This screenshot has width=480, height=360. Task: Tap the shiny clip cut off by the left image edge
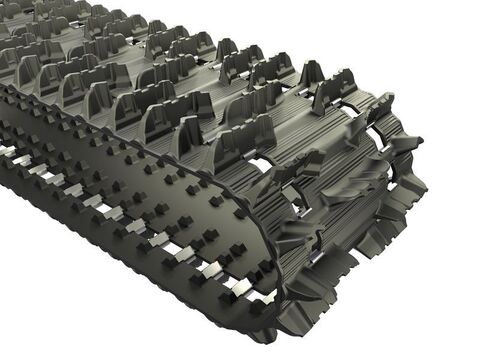point(5,150)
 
